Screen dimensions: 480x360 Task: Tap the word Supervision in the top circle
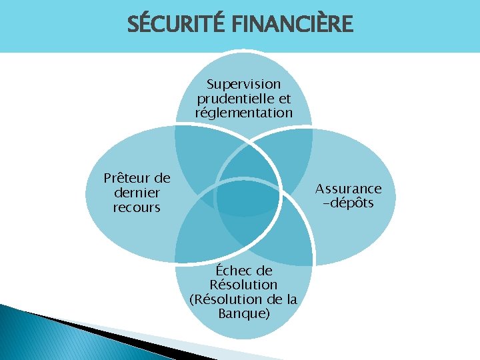pyautogui.click(x=243, y=85)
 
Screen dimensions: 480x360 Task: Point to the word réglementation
pyautogui.click(x=243, y=113)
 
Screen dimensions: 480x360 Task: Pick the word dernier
pyautogui.click(x=137, y=193)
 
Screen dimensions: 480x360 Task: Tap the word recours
pyautogui.click(x=137, y=207)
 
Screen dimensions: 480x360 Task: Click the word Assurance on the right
pyautogui.click(x=348, y=189)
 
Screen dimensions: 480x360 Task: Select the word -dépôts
pyautogui.click(x=348, y=203)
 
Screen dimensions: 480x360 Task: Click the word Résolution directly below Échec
pyautogui.click(x=243, y=285)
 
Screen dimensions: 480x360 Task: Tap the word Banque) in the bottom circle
pyautogui.click(x=244, y=313)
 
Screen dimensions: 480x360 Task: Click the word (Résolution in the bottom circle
pyautogui.click(x=225, y=299)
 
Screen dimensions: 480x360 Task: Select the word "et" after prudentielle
pyautogui.click(x=285, y=99)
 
